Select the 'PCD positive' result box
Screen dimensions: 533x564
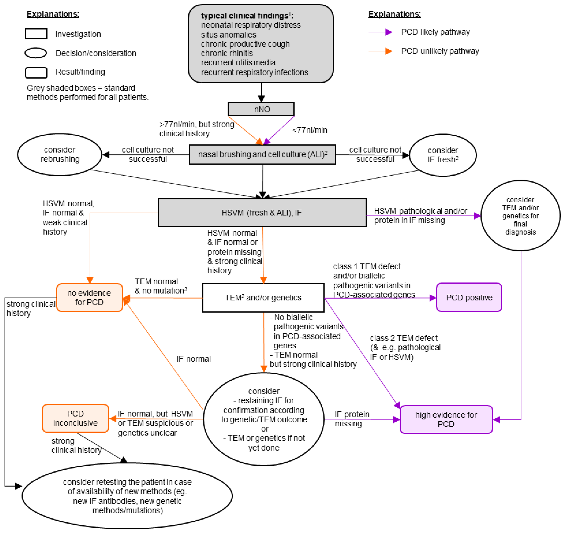pos(469,298)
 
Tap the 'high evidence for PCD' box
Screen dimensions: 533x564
pos(446,419)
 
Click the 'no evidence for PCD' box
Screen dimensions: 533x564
pos(89,298)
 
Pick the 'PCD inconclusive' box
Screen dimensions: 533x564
pos(75,418)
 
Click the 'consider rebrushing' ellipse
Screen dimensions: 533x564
pos(60,154)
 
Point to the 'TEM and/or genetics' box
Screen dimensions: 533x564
pos(263,298)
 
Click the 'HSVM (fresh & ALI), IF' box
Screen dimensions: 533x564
pos(262,213)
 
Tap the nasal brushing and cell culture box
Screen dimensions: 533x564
pos(262,154)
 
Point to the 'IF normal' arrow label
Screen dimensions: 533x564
pos(193,359)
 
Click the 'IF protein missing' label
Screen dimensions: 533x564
pos(352,419)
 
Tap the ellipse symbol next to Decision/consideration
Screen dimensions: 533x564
pos(36,53)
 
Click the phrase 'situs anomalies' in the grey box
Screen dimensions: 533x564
pos(228,35)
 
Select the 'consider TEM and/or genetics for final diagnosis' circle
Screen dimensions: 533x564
pos(520,216)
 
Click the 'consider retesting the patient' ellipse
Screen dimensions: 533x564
pos(127,496)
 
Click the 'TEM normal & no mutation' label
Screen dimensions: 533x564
pos(160,286)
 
